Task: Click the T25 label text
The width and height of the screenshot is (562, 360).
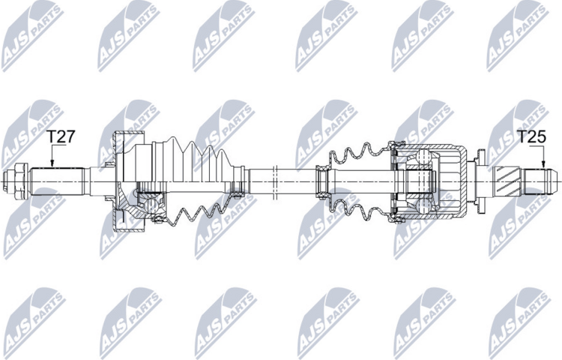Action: [531, 137]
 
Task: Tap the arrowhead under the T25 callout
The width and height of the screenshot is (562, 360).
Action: [540, 166]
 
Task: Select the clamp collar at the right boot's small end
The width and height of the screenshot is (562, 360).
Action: [323, 180]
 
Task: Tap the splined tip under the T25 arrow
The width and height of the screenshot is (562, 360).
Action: [541, 180]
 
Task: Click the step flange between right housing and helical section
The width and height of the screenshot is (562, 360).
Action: [483, 180]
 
